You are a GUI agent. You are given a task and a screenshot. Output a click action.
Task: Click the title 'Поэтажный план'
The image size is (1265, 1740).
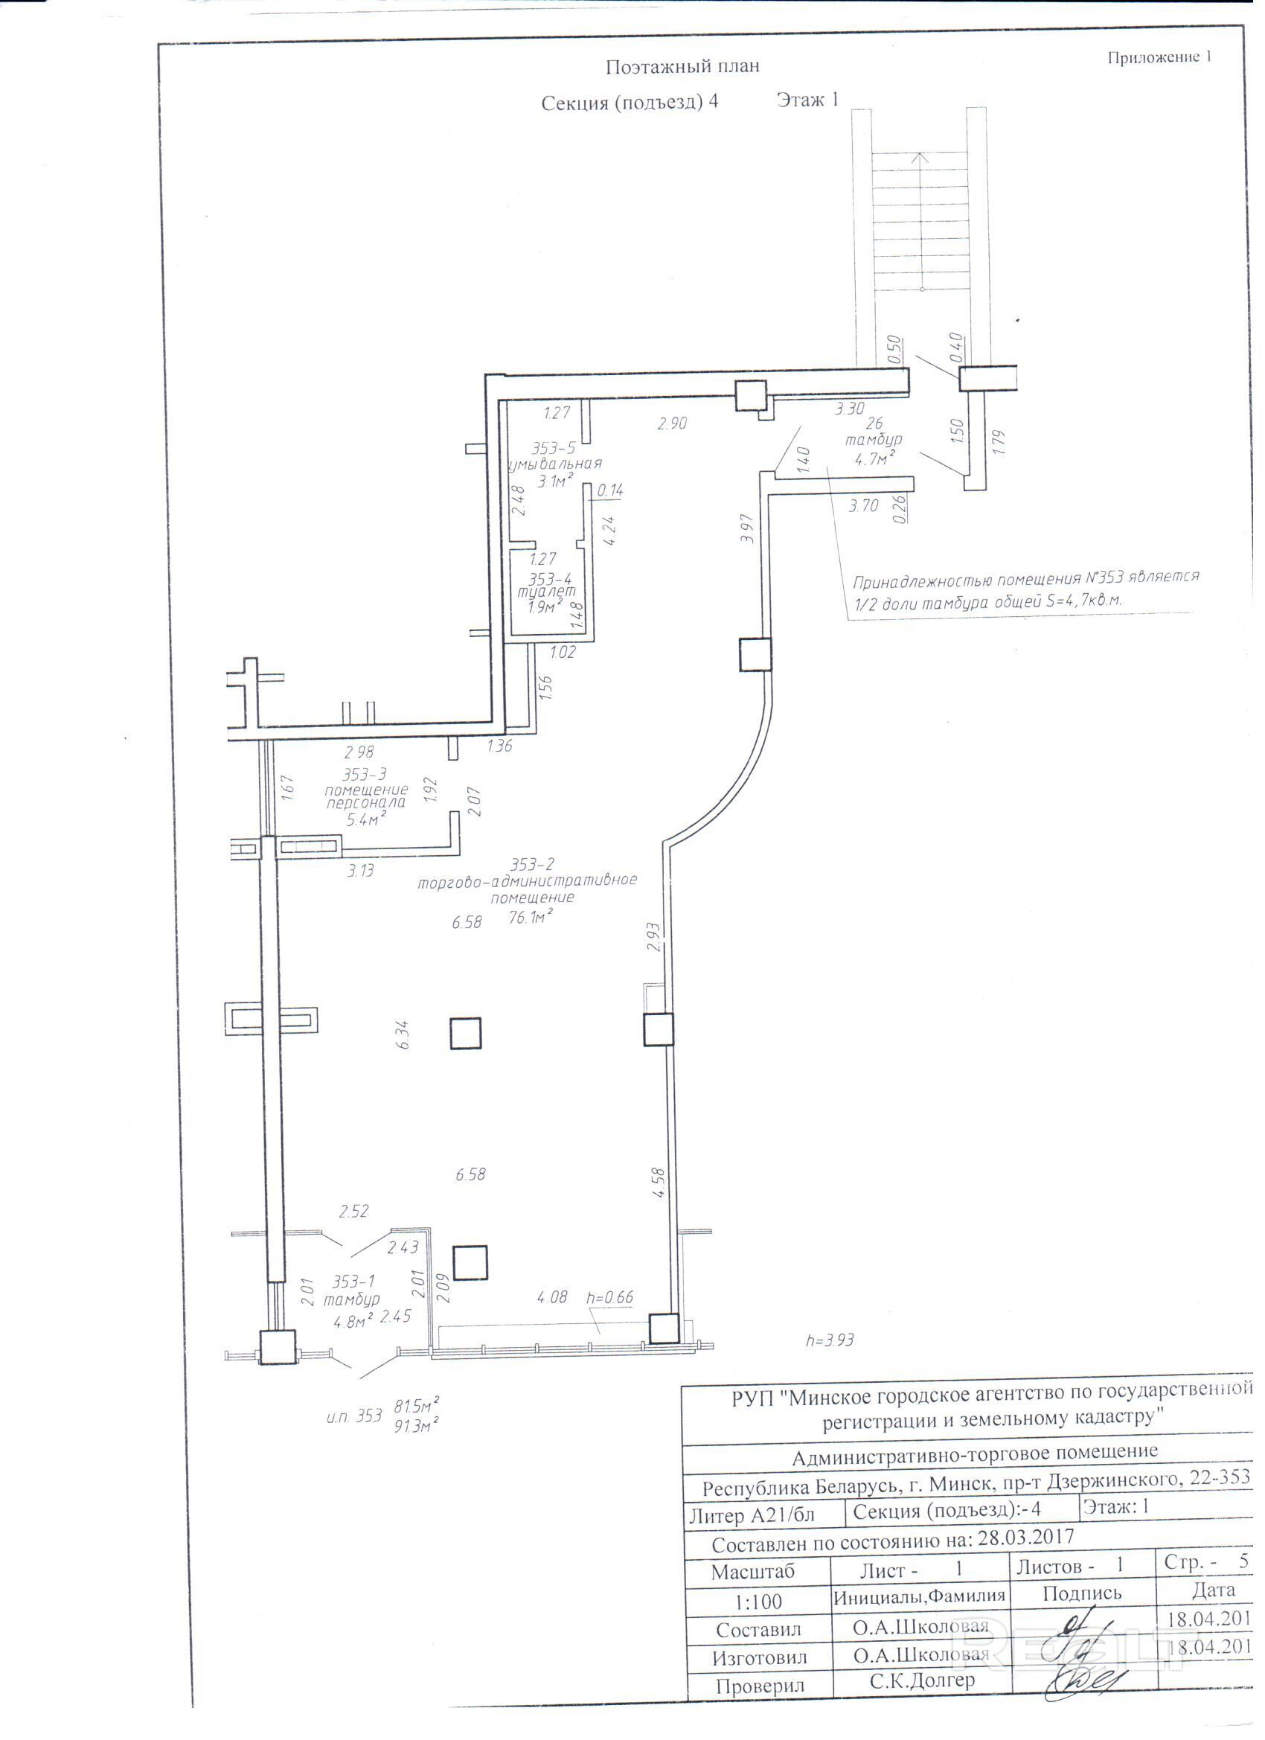[682, 67]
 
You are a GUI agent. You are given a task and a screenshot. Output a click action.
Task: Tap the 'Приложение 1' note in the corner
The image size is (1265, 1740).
[1159, 57]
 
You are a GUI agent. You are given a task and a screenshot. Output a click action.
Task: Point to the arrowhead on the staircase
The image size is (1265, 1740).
[921, 156]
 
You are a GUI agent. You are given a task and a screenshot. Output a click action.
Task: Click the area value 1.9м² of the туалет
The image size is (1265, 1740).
[545, 607]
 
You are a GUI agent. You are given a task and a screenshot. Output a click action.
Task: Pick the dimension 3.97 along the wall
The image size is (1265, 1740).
[748, 528]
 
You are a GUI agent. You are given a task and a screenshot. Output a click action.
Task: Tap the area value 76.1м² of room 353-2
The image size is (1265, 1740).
[530, 916]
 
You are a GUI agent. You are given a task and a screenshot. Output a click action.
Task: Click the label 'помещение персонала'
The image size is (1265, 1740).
[366, 796]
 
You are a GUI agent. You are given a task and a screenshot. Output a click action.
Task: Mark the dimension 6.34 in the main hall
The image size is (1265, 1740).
[403, 1035]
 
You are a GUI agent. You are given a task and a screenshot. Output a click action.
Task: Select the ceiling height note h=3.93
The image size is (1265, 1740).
[829, 1340]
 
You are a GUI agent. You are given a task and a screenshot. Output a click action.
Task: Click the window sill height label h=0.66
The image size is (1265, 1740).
[610, 1297]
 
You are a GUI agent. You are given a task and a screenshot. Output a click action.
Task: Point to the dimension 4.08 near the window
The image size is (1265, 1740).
[552, 1296]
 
